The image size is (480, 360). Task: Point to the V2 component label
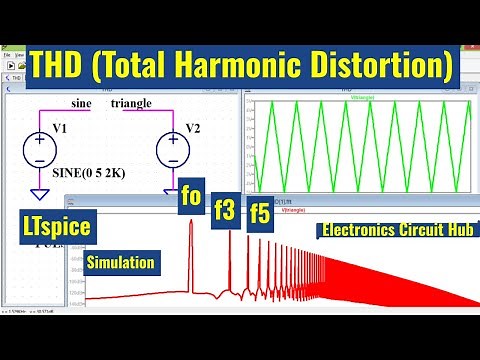point(193,129)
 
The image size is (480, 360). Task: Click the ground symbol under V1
point(40,193)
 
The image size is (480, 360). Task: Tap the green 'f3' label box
point(224,211)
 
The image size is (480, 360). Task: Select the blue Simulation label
point(120,263)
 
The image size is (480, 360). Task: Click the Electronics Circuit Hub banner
point(397,230)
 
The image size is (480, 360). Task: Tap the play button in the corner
point(14,67)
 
